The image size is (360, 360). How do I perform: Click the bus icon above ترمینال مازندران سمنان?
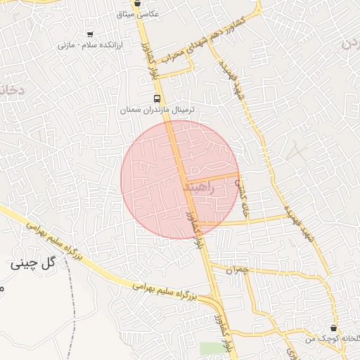157,99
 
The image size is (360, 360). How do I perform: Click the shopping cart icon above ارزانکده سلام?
89,33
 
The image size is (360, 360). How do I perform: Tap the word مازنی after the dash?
66,45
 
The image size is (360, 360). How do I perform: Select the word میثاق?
129,14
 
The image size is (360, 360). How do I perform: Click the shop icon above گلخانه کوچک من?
333,328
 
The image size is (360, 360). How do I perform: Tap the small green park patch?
209,349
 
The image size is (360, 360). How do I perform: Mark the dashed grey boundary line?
73,302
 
